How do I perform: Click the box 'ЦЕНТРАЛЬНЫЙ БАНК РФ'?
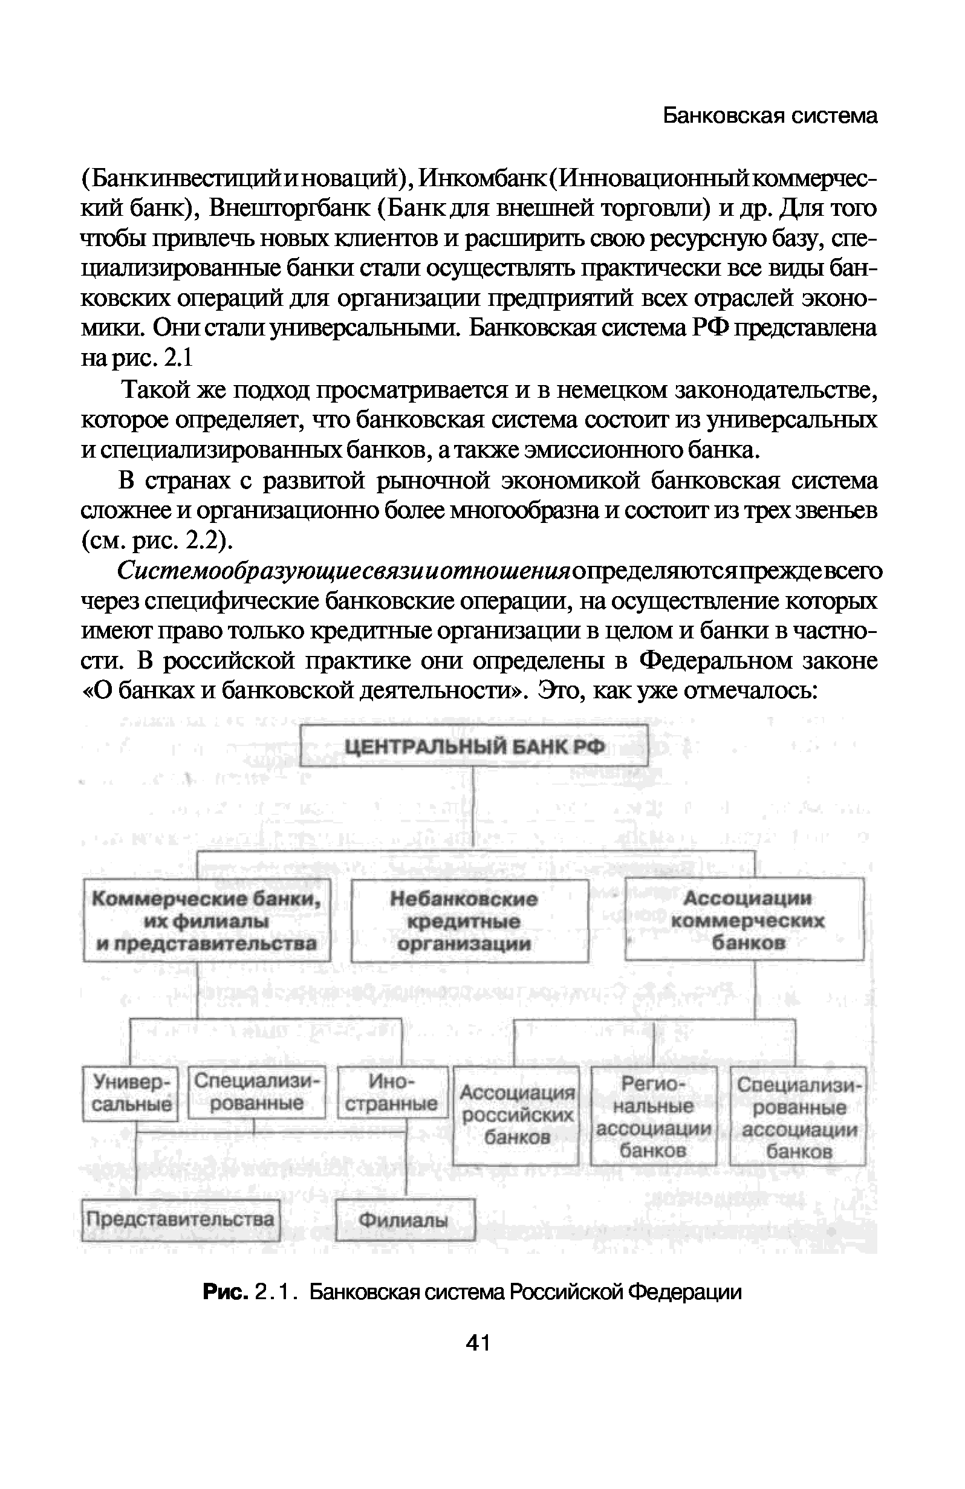[474, 745]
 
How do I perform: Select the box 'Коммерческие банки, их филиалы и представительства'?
[207, 921]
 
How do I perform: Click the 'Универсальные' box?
[131, 1092]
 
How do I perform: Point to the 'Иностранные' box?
[392, 1092]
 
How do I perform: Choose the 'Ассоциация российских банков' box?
[516, 1115]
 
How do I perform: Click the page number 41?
[478, 1343]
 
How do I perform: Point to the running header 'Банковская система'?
[770, 115]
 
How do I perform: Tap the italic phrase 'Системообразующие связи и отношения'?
[344, 571]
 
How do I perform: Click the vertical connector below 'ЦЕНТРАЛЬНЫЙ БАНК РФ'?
[474, 807]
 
